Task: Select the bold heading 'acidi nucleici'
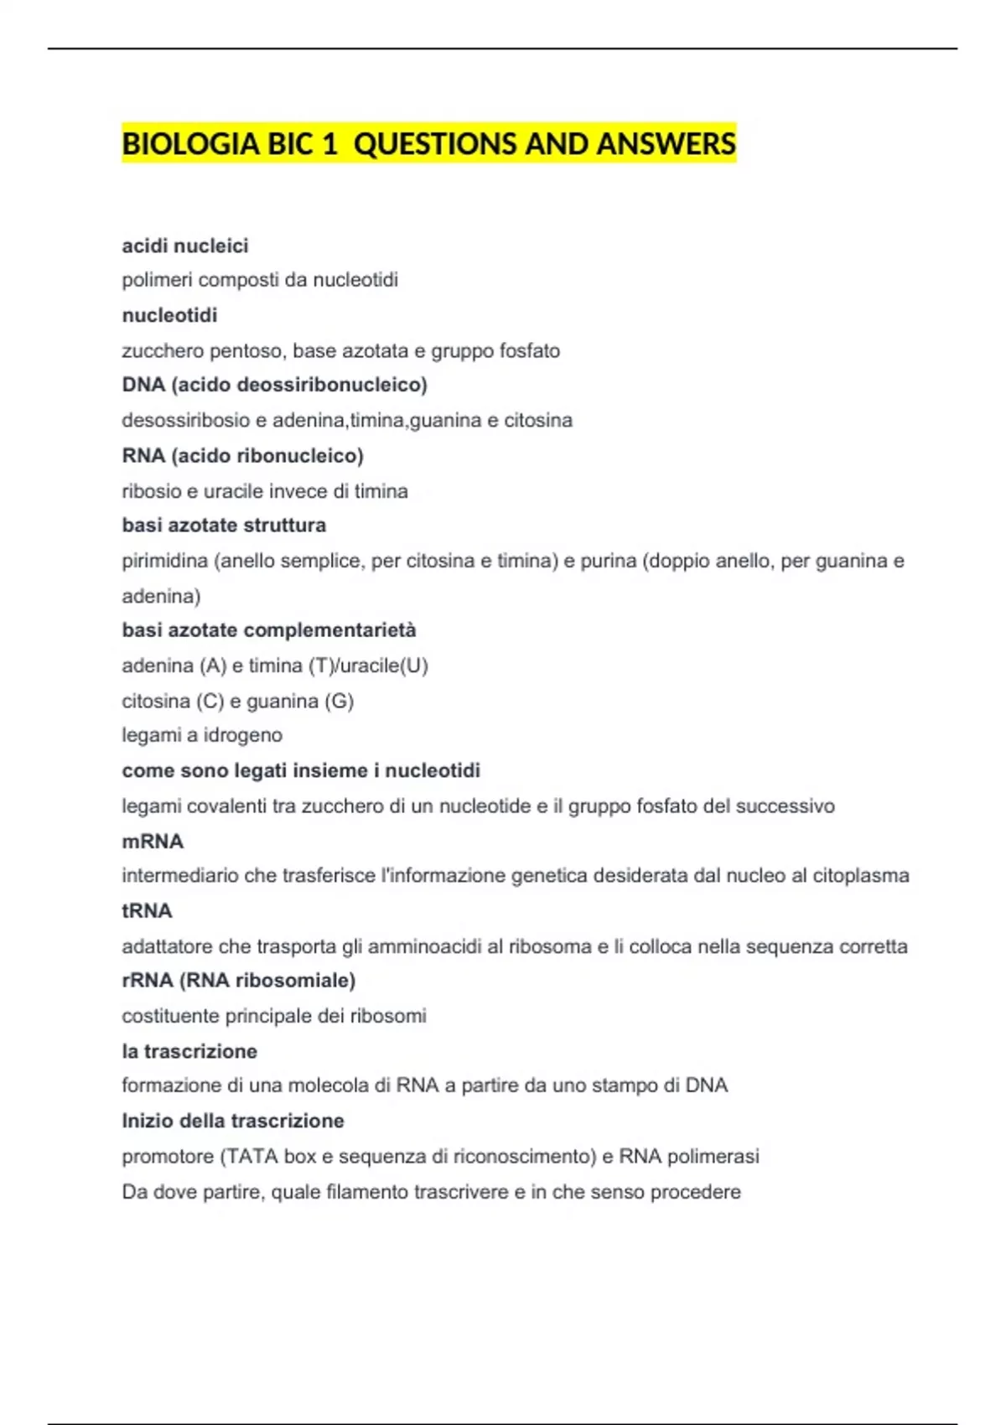[185, 246]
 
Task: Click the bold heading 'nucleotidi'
[169, 315]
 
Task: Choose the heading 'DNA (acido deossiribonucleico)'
[274, 385]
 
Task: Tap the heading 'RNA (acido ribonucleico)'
[242, 456]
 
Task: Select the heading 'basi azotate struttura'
[224, 526]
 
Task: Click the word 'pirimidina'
[164, 561]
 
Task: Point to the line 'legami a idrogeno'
[202, 735]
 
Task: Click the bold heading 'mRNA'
[153, 841]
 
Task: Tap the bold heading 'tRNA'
[147, 910]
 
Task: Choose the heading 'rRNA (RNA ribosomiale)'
[238, 981]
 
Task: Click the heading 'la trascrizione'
[189, 1051]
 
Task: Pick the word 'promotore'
[168, 1157]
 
